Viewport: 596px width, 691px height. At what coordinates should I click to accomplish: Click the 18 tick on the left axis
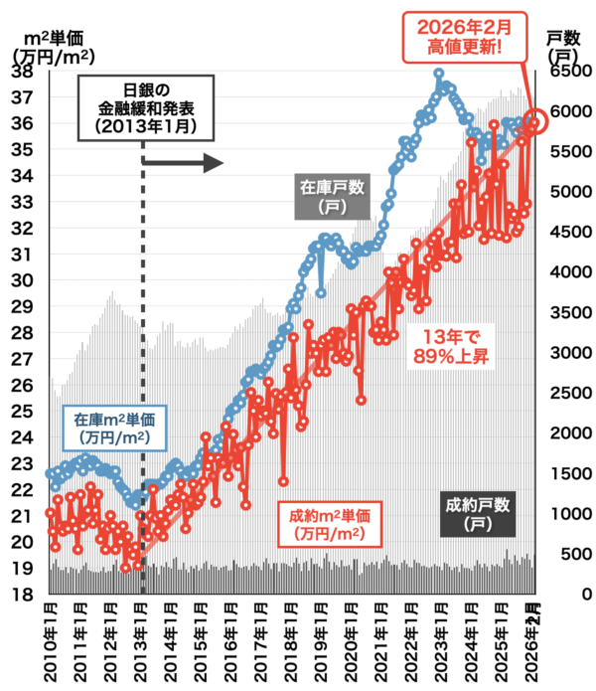[22, 595]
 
